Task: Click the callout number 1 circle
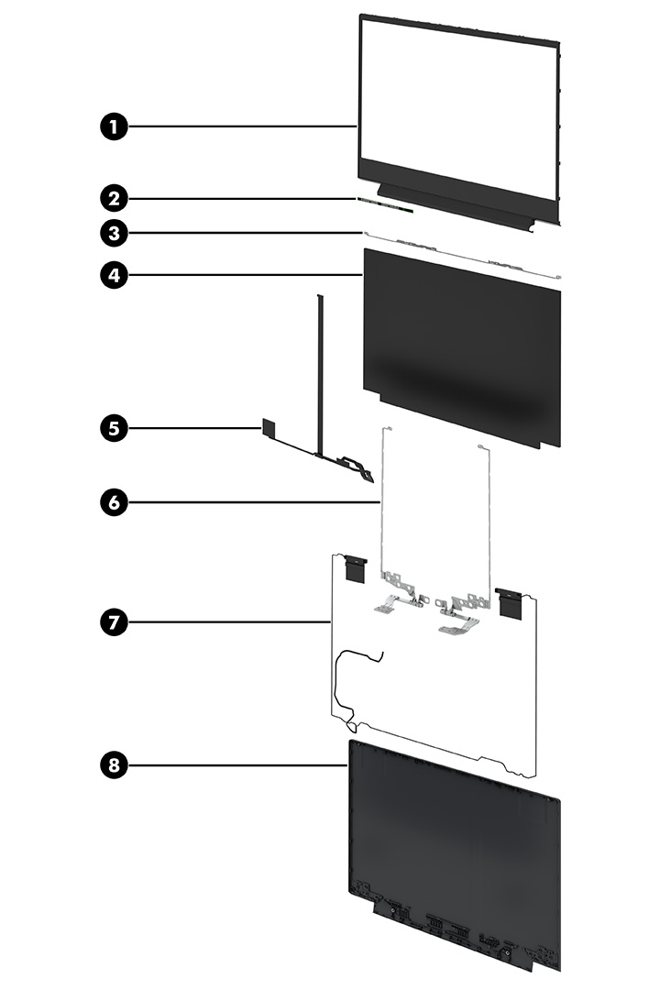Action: coord(113,126)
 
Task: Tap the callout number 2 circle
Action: coord(113,197)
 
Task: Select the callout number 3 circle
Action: coord(113,233)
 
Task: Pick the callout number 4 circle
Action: coord(113,274)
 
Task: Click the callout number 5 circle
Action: coord(113,427)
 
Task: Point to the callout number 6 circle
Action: coord(113,501)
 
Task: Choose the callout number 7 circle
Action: coord(113,621)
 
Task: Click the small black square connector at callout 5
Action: coord(268,426)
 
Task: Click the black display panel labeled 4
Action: coord(463,348)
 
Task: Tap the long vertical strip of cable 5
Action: coord(320,376)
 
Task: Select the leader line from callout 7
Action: coord(229,621)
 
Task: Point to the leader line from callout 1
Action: coord(238,126)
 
